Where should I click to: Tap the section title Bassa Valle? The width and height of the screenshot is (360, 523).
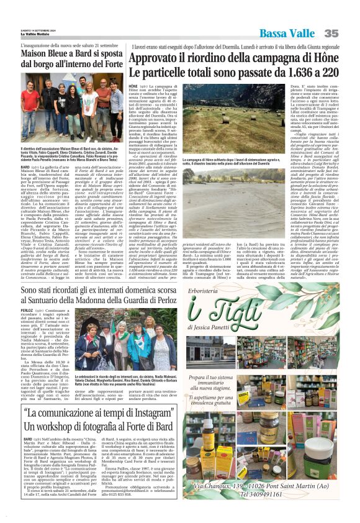(x=288, y=33)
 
